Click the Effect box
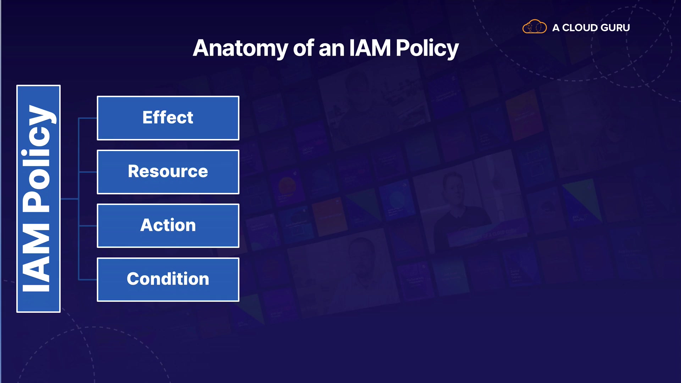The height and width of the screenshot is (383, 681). [168, 118]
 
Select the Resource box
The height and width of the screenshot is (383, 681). [168, 172]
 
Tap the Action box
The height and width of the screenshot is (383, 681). [168, 226]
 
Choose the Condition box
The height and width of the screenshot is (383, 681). [168, 280]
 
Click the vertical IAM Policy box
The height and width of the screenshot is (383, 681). [39, 199]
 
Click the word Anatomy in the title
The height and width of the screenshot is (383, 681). [240, 49]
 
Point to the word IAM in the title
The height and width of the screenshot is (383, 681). [370, 48]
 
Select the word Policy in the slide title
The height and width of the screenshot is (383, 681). [427, 49]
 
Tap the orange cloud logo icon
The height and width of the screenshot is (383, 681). [535, 27]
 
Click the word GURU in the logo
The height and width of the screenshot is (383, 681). [615, 28]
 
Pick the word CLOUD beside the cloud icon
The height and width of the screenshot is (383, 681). [580, 28]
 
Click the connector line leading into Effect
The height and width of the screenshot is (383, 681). [88, 118]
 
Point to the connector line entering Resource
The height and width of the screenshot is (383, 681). [88, 172]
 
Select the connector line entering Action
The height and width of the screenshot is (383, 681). [88, 226]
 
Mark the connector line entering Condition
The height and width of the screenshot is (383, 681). [88, 280]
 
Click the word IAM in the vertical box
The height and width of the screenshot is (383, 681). [36, 257]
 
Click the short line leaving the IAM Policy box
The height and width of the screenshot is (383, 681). [70, 199]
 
